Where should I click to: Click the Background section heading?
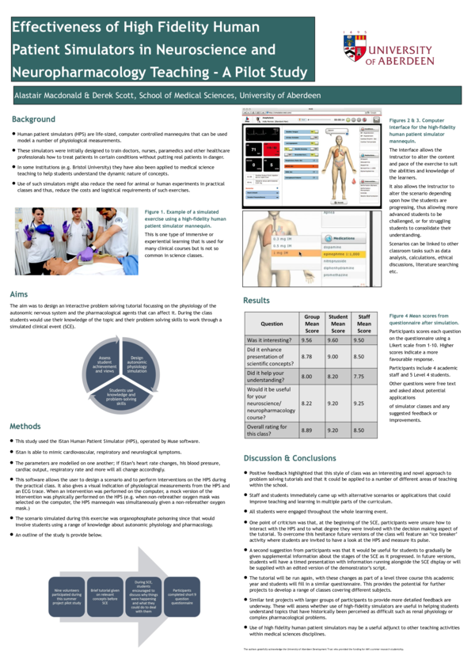pyautogui.click(x=33, y=119)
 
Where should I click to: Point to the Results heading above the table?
pyautogui.click(x=256, y=301)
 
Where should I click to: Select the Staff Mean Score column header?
pyautogui.click(x=363, y=323)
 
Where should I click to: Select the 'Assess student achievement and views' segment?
pyautogui.click(x=104, y=363)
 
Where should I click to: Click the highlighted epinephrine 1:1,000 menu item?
pyautogui.click(x=346, y=253)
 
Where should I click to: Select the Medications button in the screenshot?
pyautogui.click(x=342, y=237)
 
